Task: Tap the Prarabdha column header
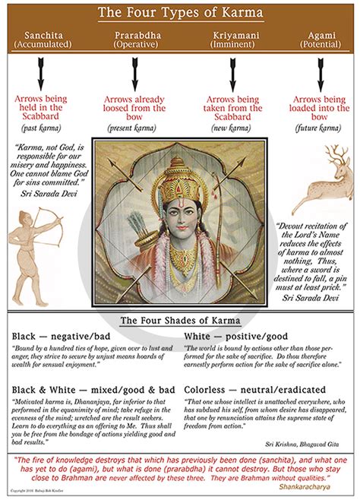coord(136,40)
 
